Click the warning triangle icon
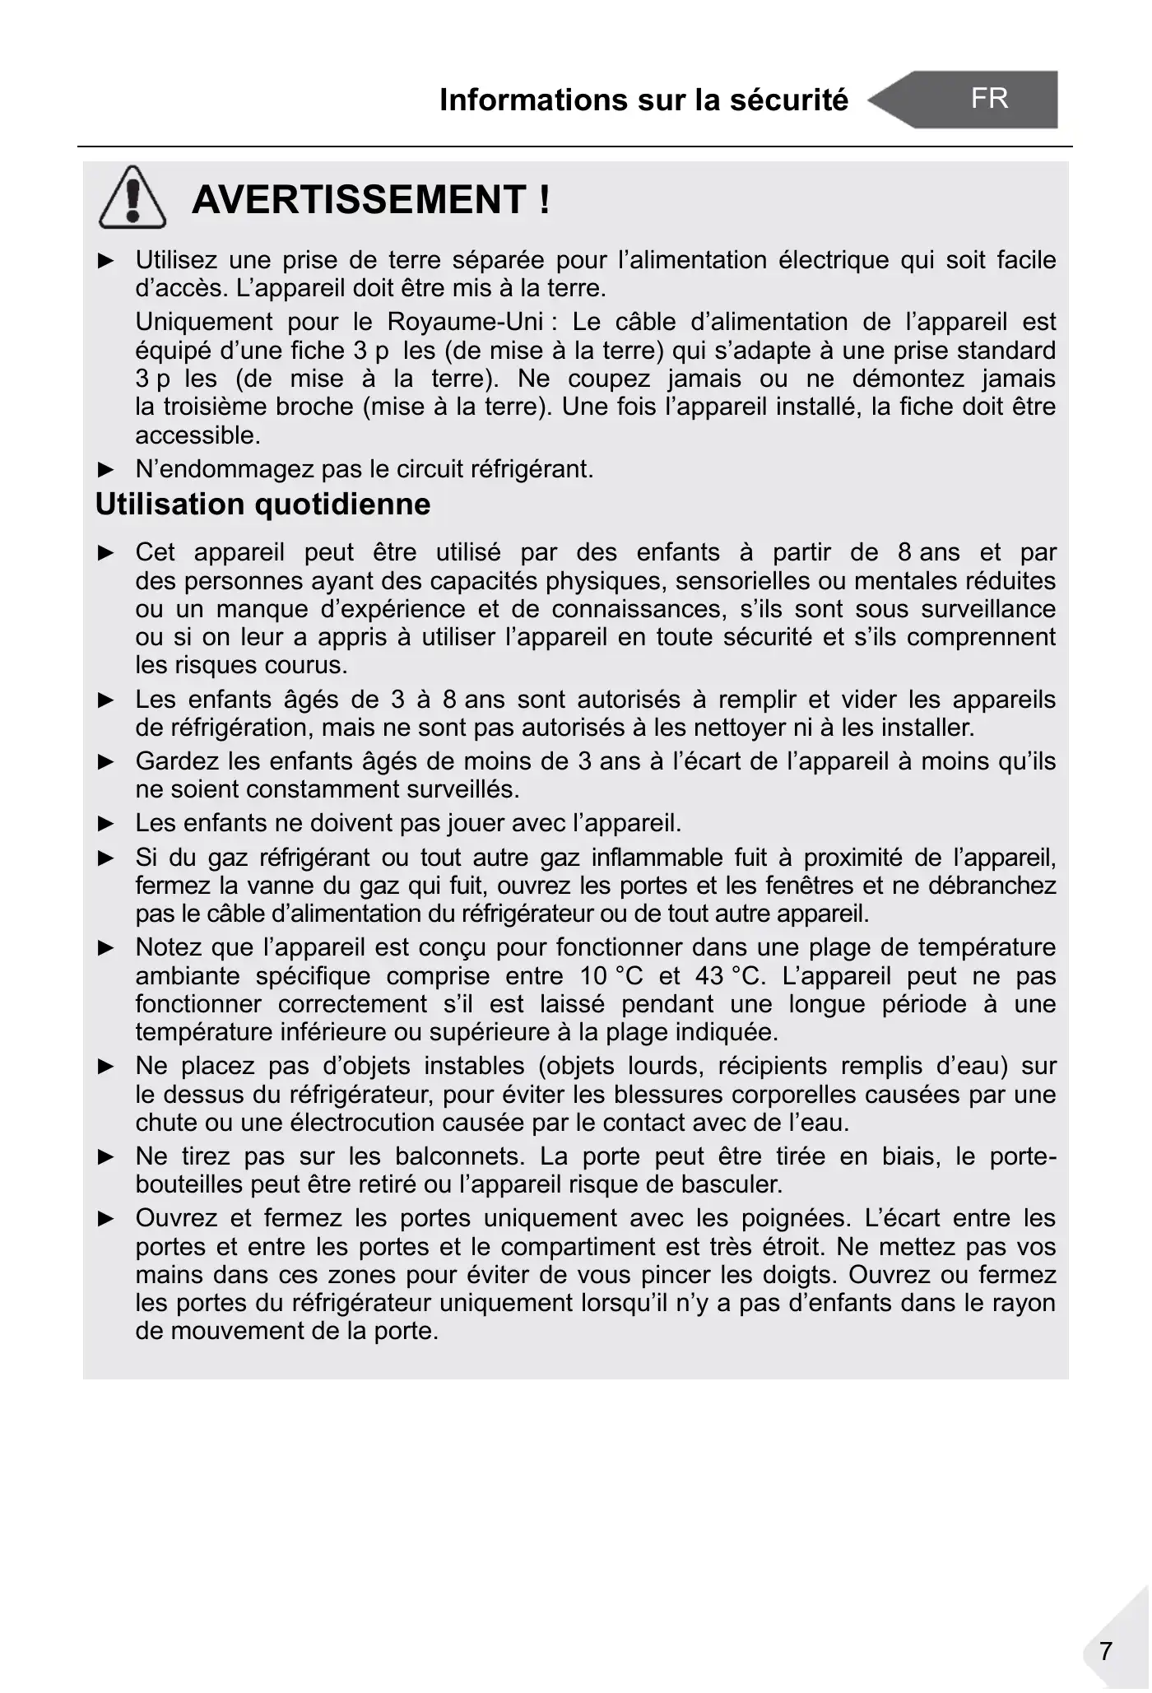[132, 198]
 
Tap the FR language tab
[988, 99]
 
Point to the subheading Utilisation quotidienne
[262, 504]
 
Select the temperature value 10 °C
[611, 976]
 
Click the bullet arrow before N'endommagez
[106, 470]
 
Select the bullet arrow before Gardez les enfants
[106, 761]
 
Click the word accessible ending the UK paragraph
[197, 435]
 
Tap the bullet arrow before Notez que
[106, 948]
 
